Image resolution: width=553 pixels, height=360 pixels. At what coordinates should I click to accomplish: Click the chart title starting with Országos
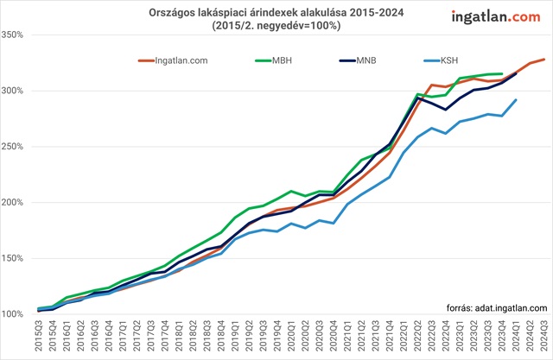point(276,13)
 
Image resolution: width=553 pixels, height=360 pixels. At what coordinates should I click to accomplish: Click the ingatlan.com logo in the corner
point(496,16)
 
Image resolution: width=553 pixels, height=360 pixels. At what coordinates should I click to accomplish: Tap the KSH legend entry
point(450,60)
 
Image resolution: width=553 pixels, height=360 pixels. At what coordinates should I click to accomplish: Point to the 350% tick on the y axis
point(17,35)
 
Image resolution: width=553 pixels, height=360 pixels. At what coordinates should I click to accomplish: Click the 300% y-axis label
point(17,91)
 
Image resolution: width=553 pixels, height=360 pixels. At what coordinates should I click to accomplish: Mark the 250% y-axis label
point(17,147)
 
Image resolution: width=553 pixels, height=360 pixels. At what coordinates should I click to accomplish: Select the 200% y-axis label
point(17,202)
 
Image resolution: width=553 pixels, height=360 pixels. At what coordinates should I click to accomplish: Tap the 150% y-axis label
point(17,258)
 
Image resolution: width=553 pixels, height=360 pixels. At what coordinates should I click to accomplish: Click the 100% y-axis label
point(17,313)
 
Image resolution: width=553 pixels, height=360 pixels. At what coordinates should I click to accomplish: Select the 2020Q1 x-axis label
point(292,333)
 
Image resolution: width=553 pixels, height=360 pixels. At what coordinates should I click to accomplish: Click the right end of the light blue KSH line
point(516,100)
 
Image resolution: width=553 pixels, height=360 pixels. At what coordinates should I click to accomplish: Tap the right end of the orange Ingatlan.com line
point(544,60)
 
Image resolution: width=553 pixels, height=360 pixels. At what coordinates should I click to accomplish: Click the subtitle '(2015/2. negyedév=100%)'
point(276,27)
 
